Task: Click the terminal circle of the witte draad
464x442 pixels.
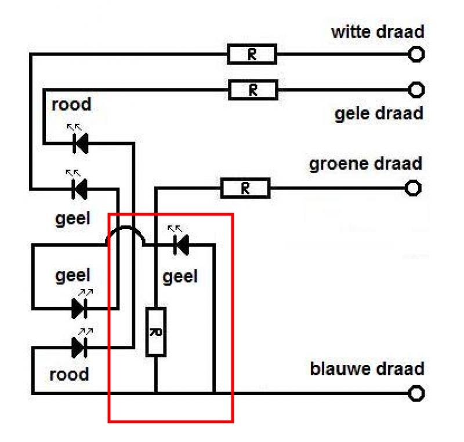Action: tap(416, 54)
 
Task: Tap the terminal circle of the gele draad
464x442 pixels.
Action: tap(416, 90)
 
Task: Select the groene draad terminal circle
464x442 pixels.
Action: tap(413, 188)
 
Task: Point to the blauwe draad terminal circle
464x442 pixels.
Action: tap(416, 393)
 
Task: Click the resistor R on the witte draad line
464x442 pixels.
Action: tap(252, 54)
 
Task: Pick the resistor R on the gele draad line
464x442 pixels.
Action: tap(253, 90)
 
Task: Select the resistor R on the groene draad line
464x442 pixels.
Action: tap(245, 188)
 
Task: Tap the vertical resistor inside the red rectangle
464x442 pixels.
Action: tap(156, 332)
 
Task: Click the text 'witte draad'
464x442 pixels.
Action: tap(378, 32)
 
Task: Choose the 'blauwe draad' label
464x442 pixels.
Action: tap(367, 369)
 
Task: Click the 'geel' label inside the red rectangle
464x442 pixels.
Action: tap(180, 277)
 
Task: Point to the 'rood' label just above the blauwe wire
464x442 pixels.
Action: tap(69, 374)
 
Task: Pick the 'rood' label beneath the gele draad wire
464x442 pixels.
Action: tap(71, 104)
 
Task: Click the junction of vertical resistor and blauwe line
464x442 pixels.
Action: tap(156, 393)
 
